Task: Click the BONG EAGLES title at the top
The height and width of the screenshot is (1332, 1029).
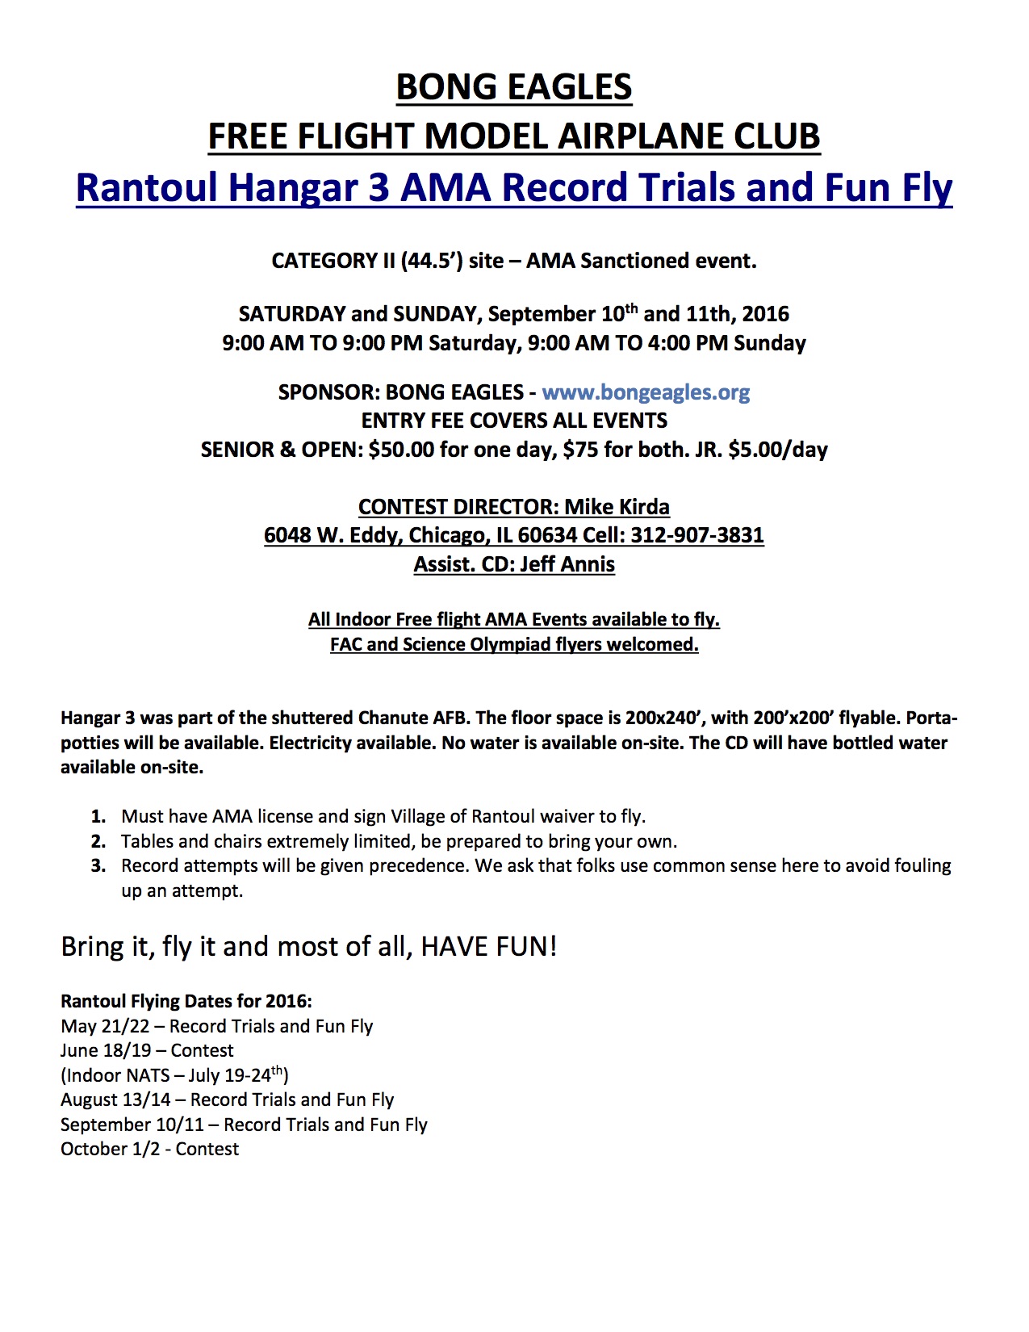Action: [x=514, y=87]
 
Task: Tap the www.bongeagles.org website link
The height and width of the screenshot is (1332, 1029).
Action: [x=646, y=392]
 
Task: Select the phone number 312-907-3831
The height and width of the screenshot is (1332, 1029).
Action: [x=697, y=535]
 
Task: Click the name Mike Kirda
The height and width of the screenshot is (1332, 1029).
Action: [x=617, y=507]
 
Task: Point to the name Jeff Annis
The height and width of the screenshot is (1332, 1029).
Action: [x=567, y=564]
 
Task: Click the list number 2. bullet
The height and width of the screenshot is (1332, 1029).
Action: [x=98, y=841]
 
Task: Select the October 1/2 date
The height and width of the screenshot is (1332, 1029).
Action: [x=111, y=1149]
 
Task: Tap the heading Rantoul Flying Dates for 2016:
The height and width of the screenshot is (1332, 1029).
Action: [x=186, y=1001]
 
